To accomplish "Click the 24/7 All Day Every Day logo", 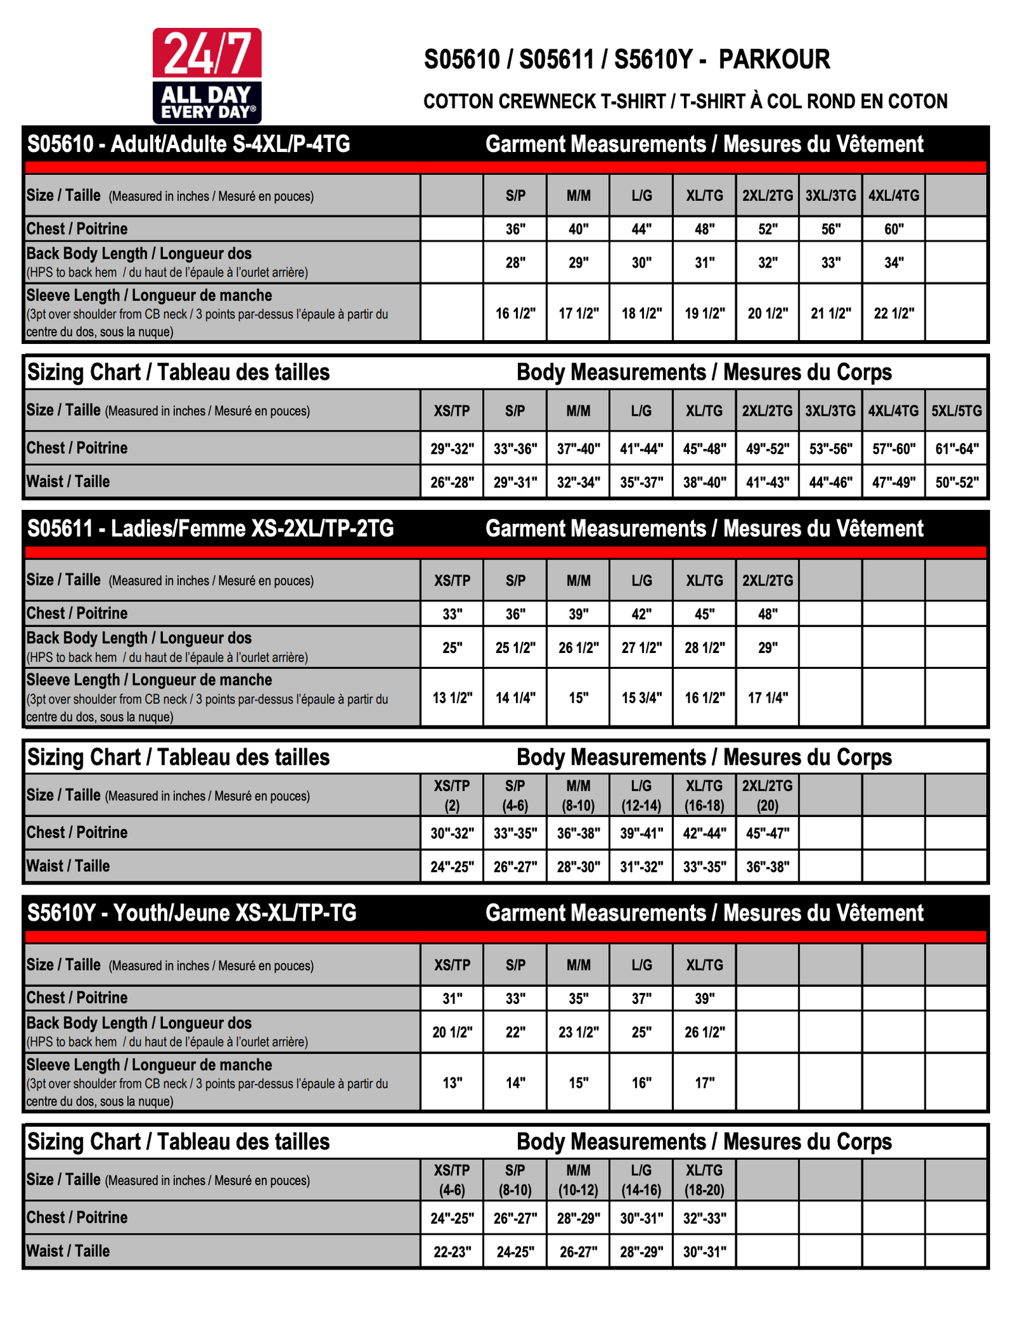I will pos(207,75).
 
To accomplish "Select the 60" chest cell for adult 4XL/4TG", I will pos(893,229).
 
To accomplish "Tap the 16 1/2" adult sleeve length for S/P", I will pos(515,313).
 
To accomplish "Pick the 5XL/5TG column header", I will pos(956,411).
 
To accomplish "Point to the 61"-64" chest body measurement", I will pos(956,449).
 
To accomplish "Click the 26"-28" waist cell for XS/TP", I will pos(452,482).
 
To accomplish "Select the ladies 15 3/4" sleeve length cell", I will pos(641,697).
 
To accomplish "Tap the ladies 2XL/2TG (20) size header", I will pos(767,795).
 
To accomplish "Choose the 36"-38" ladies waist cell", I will pos(767,867).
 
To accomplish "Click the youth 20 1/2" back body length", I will pos(452,1032).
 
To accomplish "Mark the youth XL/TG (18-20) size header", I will pos(704,1179).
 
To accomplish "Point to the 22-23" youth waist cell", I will pos(452,1252).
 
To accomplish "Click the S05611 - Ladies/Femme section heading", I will pos(211,528).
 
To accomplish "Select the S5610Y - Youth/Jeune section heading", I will pos(192,913).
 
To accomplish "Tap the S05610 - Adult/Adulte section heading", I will pos(188,144).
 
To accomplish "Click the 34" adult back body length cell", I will pos(893,262).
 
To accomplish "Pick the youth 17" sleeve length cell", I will pos(704,1082).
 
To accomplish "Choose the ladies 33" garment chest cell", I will pos(452,614).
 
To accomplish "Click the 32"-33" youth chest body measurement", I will pos(704,1218).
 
